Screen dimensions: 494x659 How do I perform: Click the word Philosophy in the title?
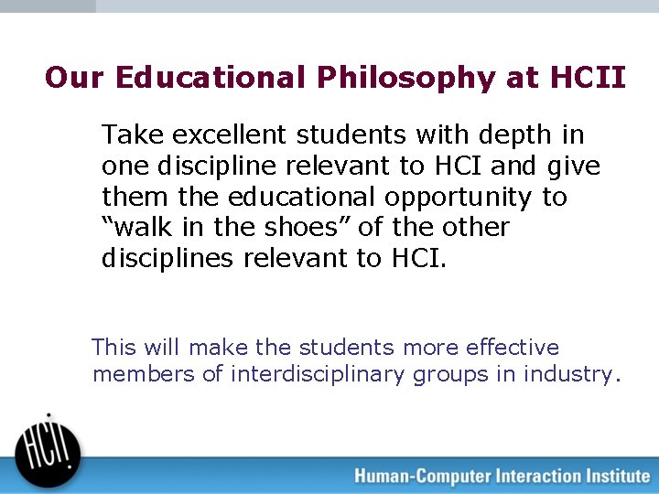pos(405,79)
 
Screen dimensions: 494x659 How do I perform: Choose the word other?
pos(474,227)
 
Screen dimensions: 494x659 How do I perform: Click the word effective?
pos(513,348)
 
